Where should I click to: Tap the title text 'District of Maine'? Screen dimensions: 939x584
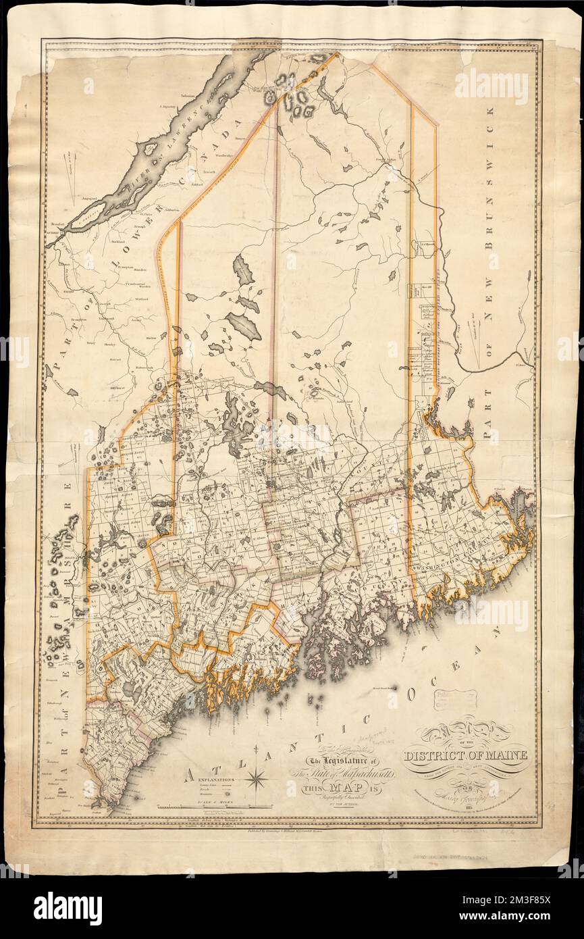point(465,754)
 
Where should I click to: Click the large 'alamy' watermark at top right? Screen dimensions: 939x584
point(499,85)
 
